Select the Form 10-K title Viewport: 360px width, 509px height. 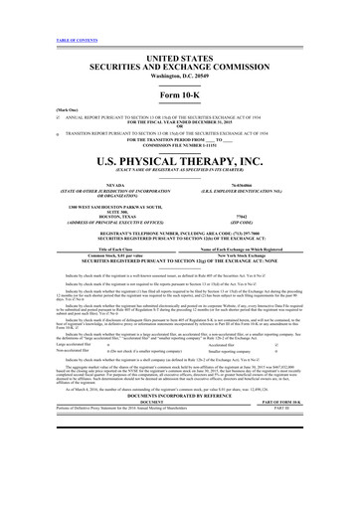(x=180, y=67)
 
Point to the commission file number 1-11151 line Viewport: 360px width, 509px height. (x=180, y=118)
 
